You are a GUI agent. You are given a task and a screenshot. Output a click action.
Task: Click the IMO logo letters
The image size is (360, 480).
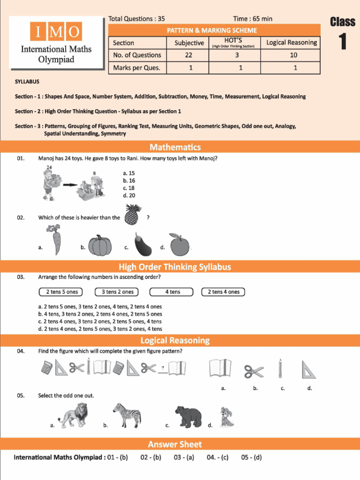click(x=56, y=32)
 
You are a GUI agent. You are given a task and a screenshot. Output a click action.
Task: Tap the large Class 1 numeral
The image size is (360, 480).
click(x=343, y=42)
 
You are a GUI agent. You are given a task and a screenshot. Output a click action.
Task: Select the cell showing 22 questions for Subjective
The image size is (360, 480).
click(x=189, y=55)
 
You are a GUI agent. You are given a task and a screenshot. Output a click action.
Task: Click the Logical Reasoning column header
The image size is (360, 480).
click(x=292, y=43)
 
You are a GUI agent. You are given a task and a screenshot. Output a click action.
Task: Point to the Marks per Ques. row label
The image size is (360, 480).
click(x=137, y=67)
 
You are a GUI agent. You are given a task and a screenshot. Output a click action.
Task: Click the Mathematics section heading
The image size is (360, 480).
click(x=175, y=147)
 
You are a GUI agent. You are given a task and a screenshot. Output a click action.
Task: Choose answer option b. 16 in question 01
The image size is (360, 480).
click(x=129, y=180)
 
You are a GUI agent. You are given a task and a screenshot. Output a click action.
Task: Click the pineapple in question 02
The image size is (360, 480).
click(x=133, y=215)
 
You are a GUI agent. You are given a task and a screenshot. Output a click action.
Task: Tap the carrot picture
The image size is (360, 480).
click(x=54, y=240)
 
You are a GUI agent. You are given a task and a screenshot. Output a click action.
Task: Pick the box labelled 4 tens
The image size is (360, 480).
click(x=172, y=292)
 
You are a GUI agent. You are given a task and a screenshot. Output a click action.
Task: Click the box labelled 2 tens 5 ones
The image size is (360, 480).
click(x=62, y=292)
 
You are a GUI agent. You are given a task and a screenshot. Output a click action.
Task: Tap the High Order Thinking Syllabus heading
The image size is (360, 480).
click(x=175, y=267)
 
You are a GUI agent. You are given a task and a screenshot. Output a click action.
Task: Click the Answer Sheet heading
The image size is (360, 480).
click(x=175, y=444)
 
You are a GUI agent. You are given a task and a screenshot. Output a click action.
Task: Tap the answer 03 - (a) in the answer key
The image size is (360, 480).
click(x=184, y=457)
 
